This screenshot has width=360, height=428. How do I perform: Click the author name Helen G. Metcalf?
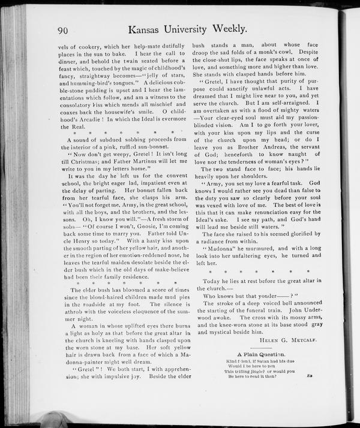(x=287, y=342)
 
